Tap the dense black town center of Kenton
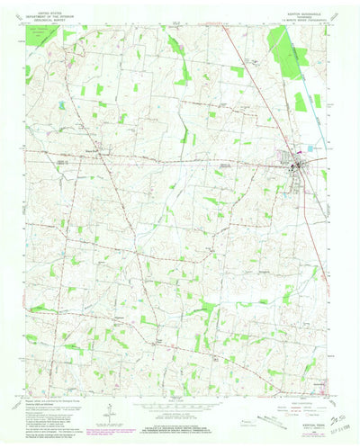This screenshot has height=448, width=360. pyautogui.click(x=297, y=165)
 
